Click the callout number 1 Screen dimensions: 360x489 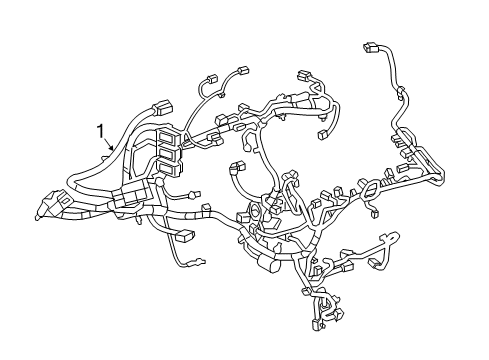click(100, 131)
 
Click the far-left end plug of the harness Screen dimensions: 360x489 click(41, 209)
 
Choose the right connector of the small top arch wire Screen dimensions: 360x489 click(243, 70)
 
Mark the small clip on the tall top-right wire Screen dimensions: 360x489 click(401, 96)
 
